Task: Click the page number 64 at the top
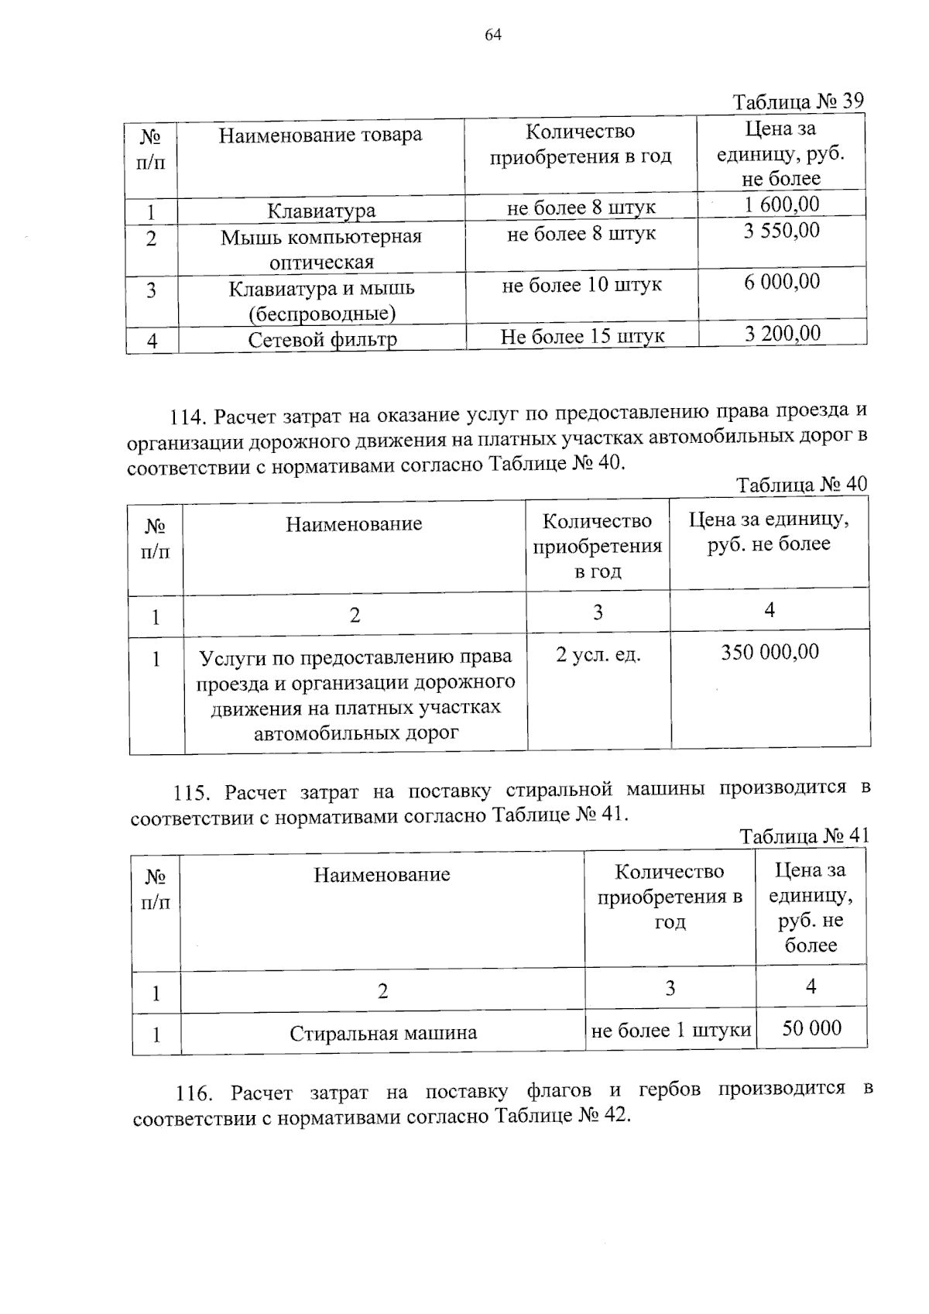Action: click(x=493, y=35)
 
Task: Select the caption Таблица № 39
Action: click(x=797, y=102)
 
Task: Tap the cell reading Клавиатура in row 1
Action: click(x=321, y=211)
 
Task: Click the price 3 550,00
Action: click(x=781, y=231)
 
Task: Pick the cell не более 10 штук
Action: click(x=581, y=285)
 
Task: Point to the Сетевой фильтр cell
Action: click(x=322, y=340)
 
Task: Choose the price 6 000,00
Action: click(x=782, y=282)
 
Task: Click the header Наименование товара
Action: click(x=320, y=136)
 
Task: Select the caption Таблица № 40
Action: click(x=801, y=485)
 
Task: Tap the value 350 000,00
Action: click(x=770, y=652)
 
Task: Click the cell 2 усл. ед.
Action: click(x=598, y=655)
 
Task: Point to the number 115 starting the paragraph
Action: click(x=191, y=793)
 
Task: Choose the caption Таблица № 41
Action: click(x=804, y=836)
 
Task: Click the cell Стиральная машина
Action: click(x=383, y=1033)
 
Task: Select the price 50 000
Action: click(x=811, y=1028)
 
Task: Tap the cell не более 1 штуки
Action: click(x=670, y=1031)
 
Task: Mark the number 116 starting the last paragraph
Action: click(x=194, y=1094)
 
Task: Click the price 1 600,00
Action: click(x=781, y=204)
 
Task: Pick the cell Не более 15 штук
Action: click(x=582, y=337)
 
